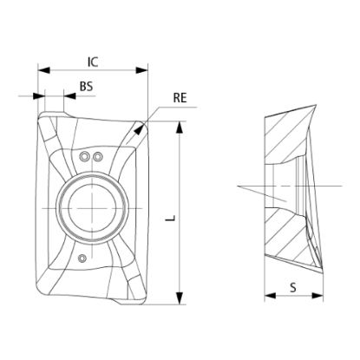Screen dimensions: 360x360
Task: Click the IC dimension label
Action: pos(93,62)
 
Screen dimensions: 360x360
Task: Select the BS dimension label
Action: pos(86,87)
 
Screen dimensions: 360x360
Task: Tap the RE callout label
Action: pos(180,98)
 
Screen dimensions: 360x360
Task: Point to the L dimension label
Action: pos(171,218)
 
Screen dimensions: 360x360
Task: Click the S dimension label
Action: pos(293,287)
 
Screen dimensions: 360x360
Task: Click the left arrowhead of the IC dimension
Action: pos(44,70)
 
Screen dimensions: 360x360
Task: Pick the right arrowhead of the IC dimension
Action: pos(142,70)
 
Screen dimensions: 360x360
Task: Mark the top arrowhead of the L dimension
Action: pos(180,128)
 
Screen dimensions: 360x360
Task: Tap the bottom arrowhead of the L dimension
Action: pos(180,298)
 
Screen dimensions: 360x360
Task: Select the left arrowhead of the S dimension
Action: pos(270,296)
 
